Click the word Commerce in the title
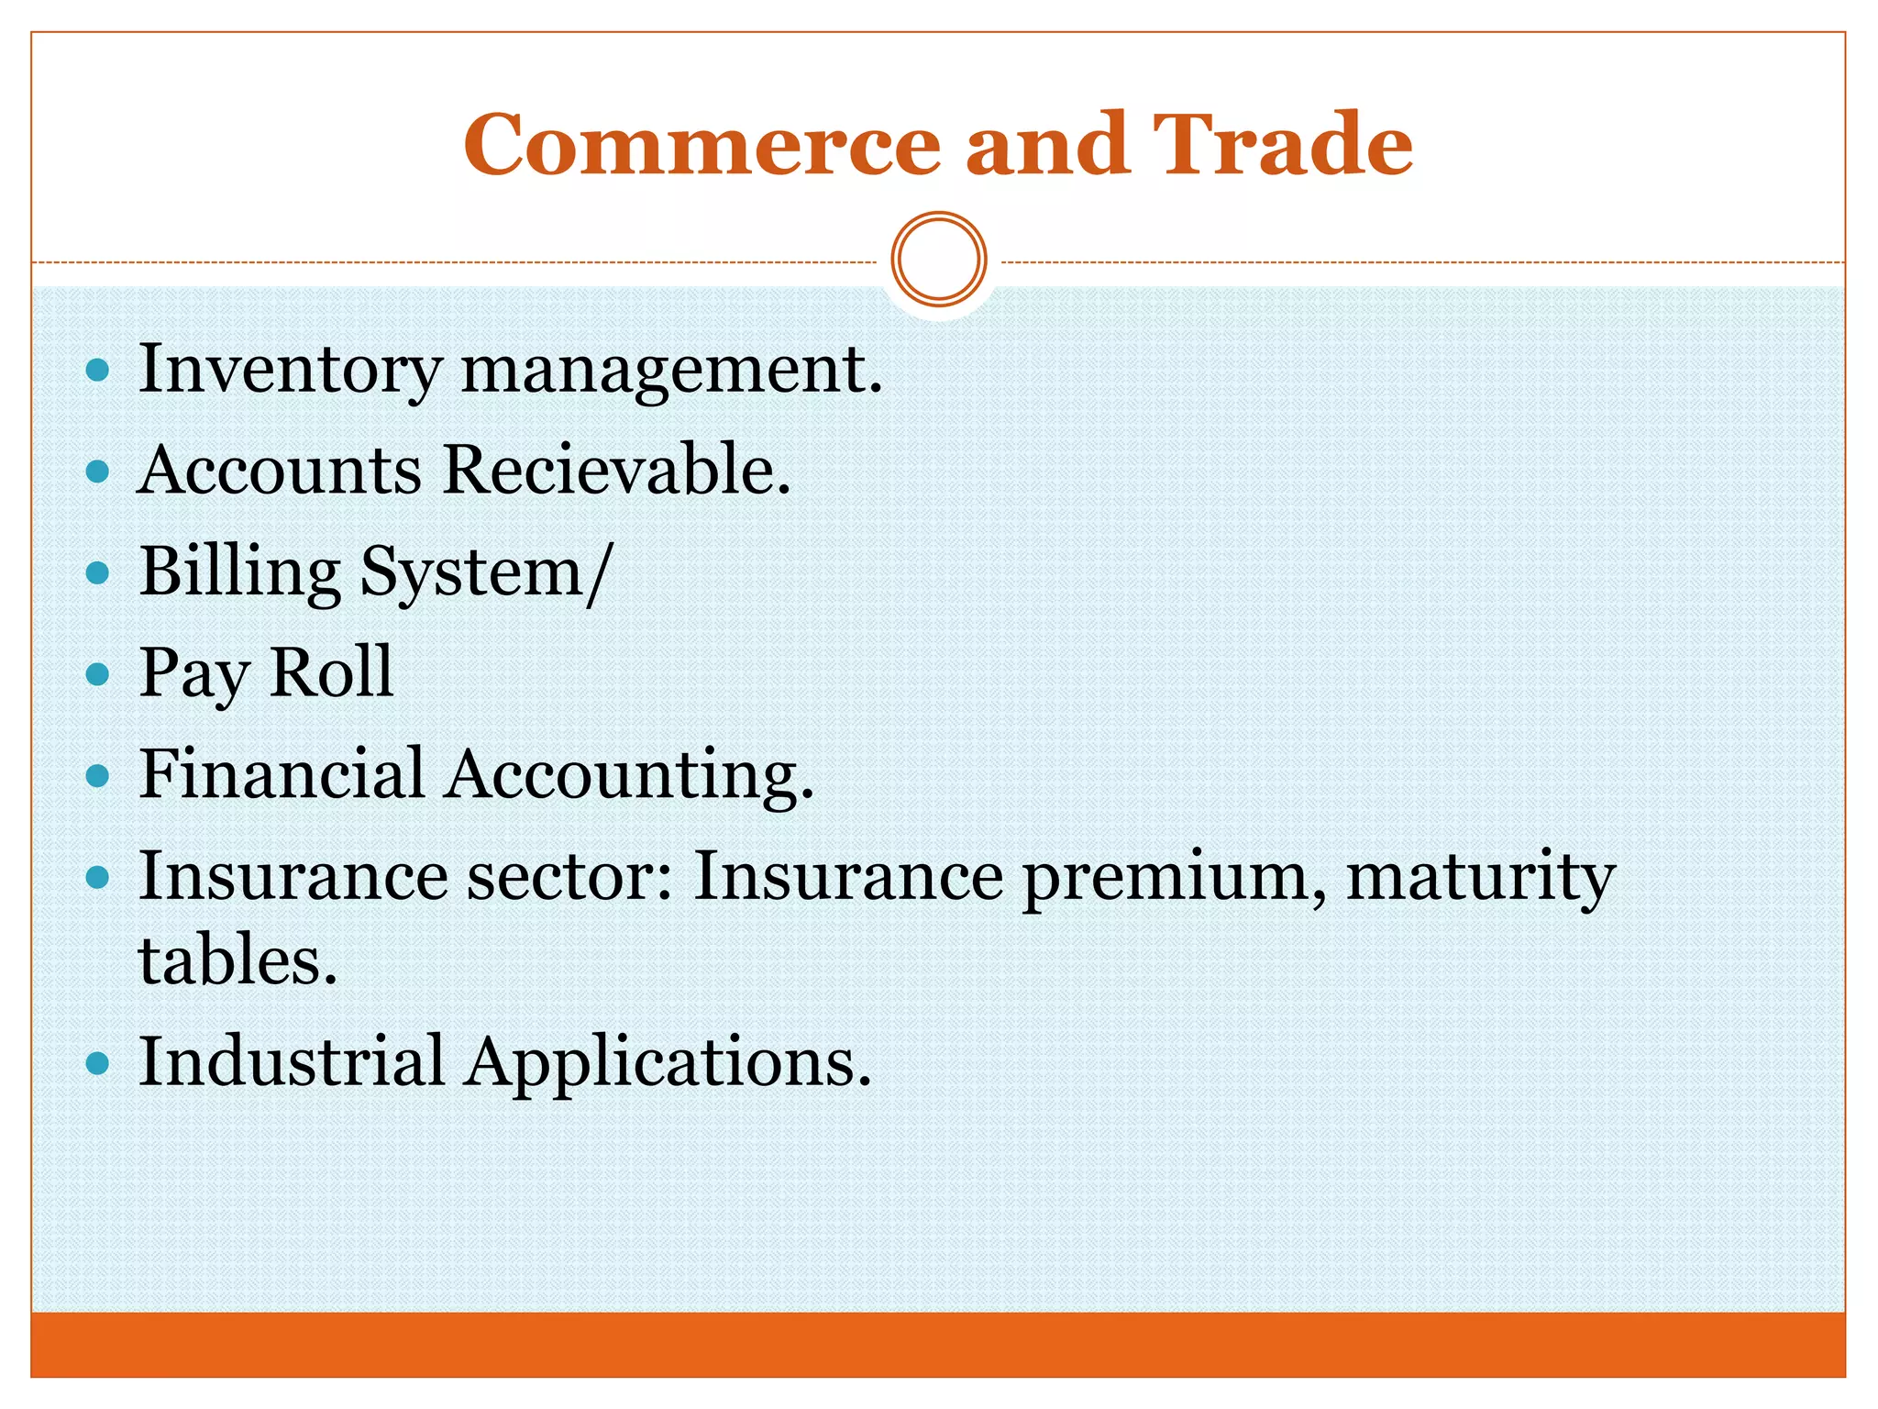tap(701, 144)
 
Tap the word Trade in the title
tap(1282, 144)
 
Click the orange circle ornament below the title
tap(939, 260)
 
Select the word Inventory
tap(290, 370)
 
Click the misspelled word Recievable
tap(616, 470)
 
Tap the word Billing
tap(240, 572)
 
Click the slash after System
tap(598, 572)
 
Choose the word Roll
tap(331, 672)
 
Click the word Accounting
tap(630, 776)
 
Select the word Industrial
tap(292, 1061)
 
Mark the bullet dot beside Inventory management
tap(97, 372)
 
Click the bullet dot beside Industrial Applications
tap(97, 1064)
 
